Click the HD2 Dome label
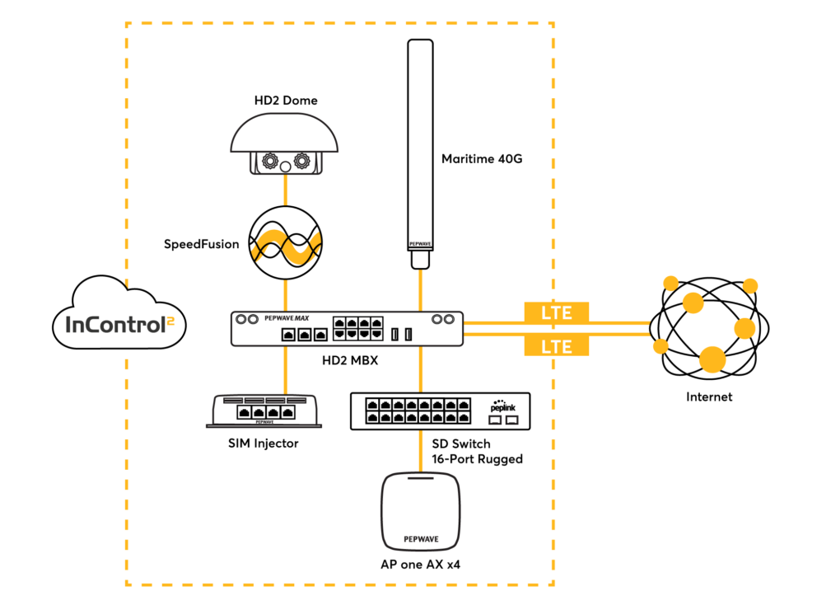tap(286, 100)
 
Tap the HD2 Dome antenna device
tap(284, 144)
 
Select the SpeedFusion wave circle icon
tap(285, 242)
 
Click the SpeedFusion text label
tap(201, 244)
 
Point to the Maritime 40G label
tap(482, 158)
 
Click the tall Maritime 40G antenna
tap(420, 154)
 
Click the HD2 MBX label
tap(350, 360)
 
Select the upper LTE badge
tap(557, 312)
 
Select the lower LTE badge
tap(557, 346)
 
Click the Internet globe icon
tap(709, 327)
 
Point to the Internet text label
tap(708, 396)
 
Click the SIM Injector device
tap(264, 411)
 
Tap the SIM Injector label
tap(263, 443)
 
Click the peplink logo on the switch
tap(503, 406)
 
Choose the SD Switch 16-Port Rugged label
tap(477, 452)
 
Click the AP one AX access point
tap(421, 511)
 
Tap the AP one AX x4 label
tap(420, 564)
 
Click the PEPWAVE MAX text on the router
tap(287, 318)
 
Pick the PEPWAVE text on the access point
tap(421, 539)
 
